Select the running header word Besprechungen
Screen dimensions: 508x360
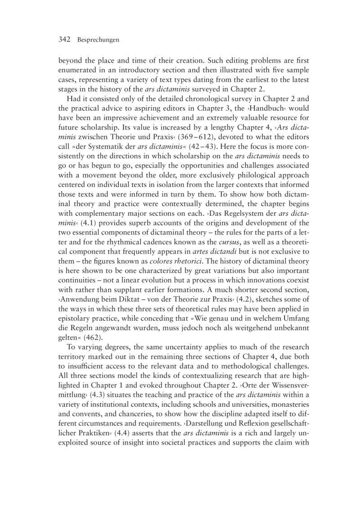[98, 40]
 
